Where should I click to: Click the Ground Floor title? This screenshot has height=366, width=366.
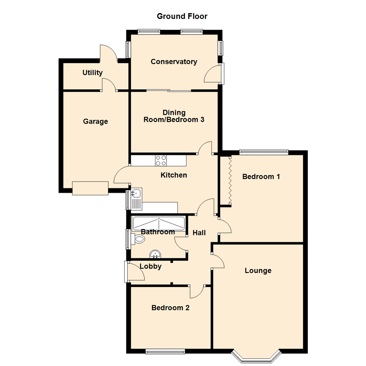182,16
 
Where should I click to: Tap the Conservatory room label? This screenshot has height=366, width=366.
174,62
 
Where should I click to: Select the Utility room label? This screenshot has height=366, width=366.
92,73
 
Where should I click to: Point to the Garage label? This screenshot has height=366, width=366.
95,121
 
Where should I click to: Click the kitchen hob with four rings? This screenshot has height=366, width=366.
161,160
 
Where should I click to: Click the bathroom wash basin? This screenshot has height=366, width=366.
155,253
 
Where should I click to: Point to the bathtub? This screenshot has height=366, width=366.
159,223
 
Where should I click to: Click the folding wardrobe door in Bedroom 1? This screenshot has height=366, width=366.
229,180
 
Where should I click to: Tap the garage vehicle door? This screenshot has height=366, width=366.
90,188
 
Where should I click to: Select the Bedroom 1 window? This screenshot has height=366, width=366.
264,152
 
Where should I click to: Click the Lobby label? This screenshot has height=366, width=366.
150,266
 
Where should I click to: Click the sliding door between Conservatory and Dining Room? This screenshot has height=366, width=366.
169,90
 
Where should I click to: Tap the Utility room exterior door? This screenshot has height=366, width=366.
108,54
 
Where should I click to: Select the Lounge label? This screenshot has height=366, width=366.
258,270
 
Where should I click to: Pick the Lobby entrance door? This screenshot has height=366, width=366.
126,272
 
